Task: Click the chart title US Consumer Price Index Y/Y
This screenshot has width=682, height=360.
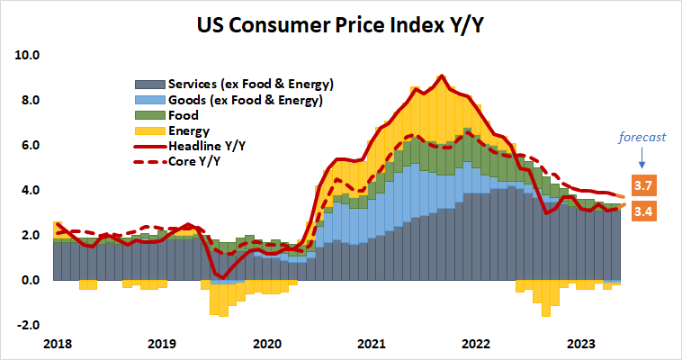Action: (x=341, y=22)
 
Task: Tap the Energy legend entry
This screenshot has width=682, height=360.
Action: (x=189, y=131)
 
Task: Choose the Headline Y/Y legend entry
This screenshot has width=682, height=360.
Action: (x=211, y=147)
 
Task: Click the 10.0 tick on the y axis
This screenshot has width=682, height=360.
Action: (x=29, y=55)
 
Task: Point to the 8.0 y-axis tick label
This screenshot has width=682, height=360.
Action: (x=31, y=100)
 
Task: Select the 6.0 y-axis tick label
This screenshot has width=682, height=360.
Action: (x=31, y=145)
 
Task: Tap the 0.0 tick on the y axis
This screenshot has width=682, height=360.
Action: (x=31, y=280)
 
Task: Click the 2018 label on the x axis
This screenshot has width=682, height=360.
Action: (x=57, y=344)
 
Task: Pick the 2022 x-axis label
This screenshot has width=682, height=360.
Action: (x=477, y=344)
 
